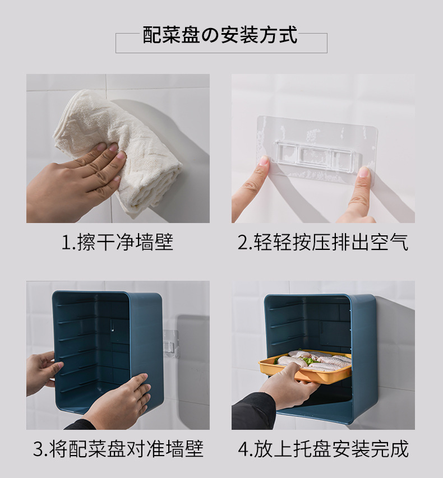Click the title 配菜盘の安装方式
point(220,35)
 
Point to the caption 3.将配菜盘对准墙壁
point(118,448)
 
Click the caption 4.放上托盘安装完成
point(323,448)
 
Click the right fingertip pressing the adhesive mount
point(364,172)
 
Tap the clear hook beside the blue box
point(170,343)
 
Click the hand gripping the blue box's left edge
point(43,373)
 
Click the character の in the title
point(210,36)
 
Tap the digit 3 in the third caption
point(39,449)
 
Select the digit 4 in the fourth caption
point(244,449)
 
